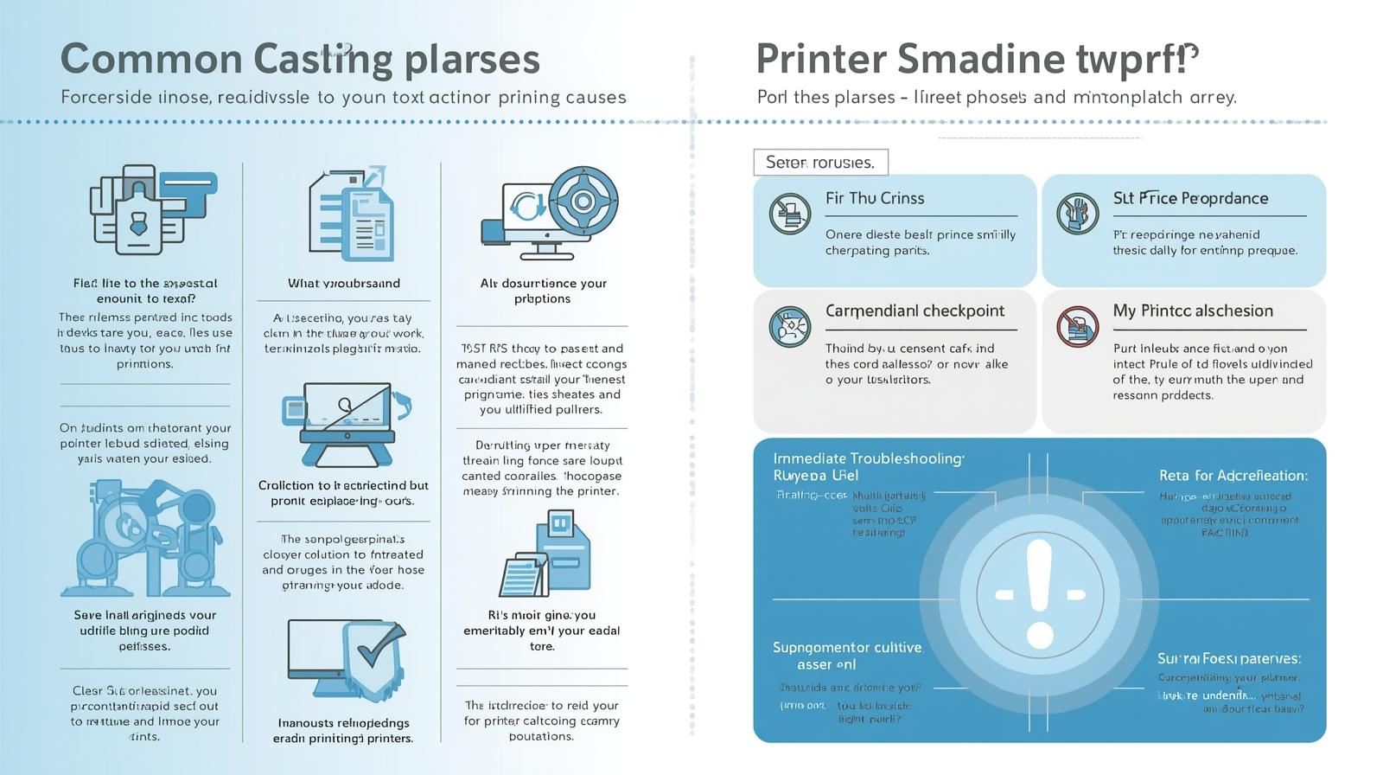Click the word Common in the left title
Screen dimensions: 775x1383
click(151, 60)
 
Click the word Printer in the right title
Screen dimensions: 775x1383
click(821, 60)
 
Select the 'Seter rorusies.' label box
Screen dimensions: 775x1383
click(820, 162)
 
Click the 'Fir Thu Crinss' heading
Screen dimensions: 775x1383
click(875, 198)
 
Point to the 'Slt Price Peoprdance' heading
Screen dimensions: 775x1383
click(1190, 198)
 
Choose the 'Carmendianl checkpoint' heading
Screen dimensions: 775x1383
click(915, 311)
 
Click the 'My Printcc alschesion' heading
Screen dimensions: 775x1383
click(1193, 311)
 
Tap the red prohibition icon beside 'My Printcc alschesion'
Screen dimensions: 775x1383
click(1077, 327)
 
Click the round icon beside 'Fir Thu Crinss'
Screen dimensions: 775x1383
click(789, 214)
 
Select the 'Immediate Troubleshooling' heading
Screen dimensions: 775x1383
click(868, 458)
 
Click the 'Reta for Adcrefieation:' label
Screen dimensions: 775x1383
click(1233, 476)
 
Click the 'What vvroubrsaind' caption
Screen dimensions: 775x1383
click(344, 283)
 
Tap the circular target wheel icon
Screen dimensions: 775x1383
click(583, 202)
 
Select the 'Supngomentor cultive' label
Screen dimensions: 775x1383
click(847, 647)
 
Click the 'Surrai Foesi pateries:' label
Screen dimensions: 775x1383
click(1228, 658)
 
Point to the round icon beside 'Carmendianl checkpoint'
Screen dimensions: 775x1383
click(789, 327)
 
